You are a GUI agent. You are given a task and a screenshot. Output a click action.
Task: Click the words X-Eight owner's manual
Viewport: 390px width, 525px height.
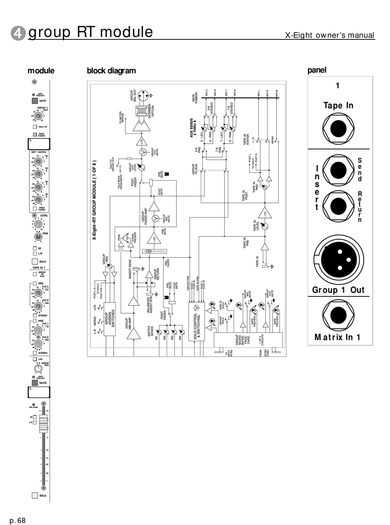click(330, 35)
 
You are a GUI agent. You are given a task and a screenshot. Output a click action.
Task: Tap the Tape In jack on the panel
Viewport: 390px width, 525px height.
click(338, 129)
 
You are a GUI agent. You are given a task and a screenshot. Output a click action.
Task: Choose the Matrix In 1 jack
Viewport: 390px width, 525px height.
click(338, 315)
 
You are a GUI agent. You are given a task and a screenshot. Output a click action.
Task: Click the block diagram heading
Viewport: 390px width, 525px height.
click(111, 71)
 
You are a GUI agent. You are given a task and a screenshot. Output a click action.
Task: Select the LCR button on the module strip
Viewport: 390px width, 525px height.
click(35, 359)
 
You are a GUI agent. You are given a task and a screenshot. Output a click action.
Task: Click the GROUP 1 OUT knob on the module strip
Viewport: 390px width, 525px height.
click(38, 116)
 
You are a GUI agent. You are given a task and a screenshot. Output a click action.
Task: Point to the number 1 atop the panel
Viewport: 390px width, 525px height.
click(337, 86)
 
